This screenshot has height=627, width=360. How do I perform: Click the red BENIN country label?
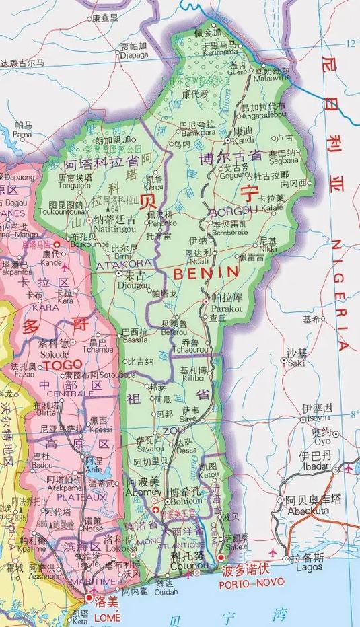(206, 272)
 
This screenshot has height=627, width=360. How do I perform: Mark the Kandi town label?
(242, 141)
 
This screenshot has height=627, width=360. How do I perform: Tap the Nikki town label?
(267, 248)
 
